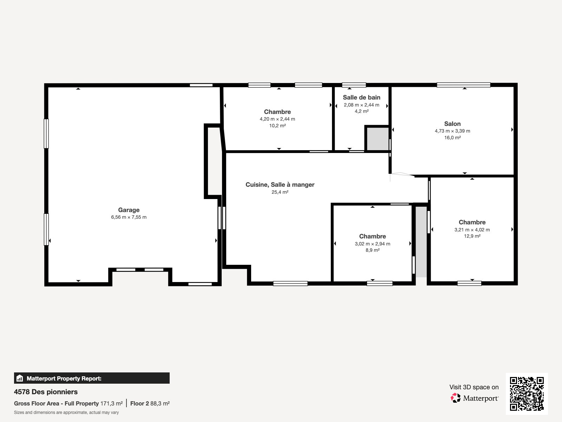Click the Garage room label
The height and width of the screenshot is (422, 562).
point(129,210)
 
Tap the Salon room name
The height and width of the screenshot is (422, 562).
point(452,124)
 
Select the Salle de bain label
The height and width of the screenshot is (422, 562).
point(361,97)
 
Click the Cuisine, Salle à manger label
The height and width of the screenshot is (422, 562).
point(280,185)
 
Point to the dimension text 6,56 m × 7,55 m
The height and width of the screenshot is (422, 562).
point(129,217)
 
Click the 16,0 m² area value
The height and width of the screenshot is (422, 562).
point(452,138)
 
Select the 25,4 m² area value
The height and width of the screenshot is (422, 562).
point(280,192)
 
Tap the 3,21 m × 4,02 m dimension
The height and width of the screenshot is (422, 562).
point(472,230)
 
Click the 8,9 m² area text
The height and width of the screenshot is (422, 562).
point(372,250)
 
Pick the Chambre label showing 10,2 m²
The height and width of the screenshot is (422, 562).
point(277,112)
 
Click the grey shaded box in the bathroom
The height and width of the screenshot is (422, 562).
point(378,139)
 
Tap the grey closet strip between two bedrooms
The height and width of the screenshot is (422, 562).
point(421,241)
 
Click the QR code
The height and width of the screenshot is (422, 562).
point(527,394)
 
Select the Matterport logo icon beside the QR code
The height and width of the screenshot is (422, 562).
point(456,398)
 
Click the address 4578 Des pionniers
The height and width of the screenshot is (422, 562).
point(46,392)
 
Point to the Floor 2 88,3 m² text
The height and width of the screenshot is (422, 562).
point(150,404)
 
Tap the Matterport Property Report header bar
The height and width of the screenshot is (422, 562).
point(92,378)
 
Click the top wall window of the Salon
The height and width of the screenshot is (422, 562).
point(463,85)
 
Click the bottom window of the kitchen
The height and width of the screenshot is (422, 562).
point(290,283)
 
